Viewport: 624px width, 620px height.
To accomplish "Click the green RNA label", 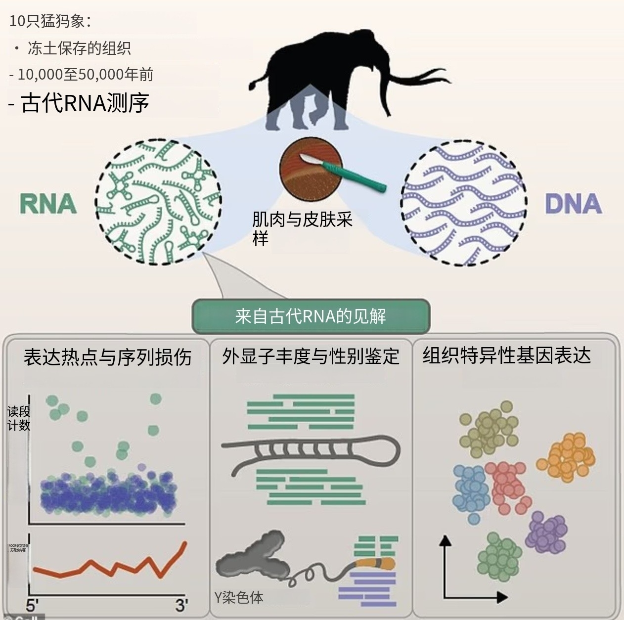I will click(48, 204).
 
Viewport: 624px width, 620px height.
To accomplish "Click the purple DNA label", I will click(574, 204).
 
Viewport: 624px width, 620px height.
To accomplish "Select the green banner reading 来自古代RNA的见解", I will click(311, 316).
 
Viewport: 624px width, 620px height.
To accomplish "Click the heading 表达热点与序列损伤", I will click(107, 357).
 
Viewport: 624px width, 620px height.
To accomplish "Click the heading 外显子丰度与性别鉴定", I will click(311, 356).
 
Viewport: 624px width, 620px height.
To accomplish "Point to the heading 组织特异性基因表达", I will click(506, 355).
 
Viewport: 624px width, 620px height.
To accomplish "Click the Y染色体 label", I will click(239, 597).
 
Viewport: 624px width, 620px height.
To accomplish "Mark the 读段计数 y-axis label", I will click(18, 418).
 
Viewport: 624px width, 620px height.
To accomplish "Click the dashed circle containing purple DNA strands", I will click(463, 203).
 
